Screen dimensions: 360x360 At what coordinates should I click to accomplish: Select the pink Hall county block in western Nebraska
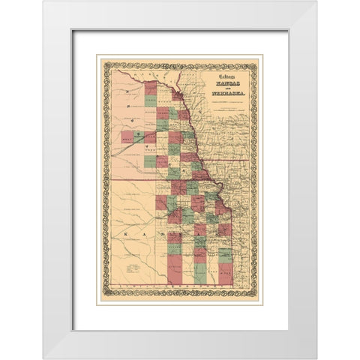[127, 137]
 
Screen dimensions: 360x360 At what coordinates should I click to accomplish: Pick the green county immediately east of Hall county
[139, 137]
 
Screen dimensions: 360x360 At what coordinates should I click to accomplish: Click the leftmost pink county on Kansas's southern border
[174, 277]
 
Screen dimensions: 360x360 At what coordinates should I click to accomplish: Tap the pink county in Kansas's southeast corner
[226, 278]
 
